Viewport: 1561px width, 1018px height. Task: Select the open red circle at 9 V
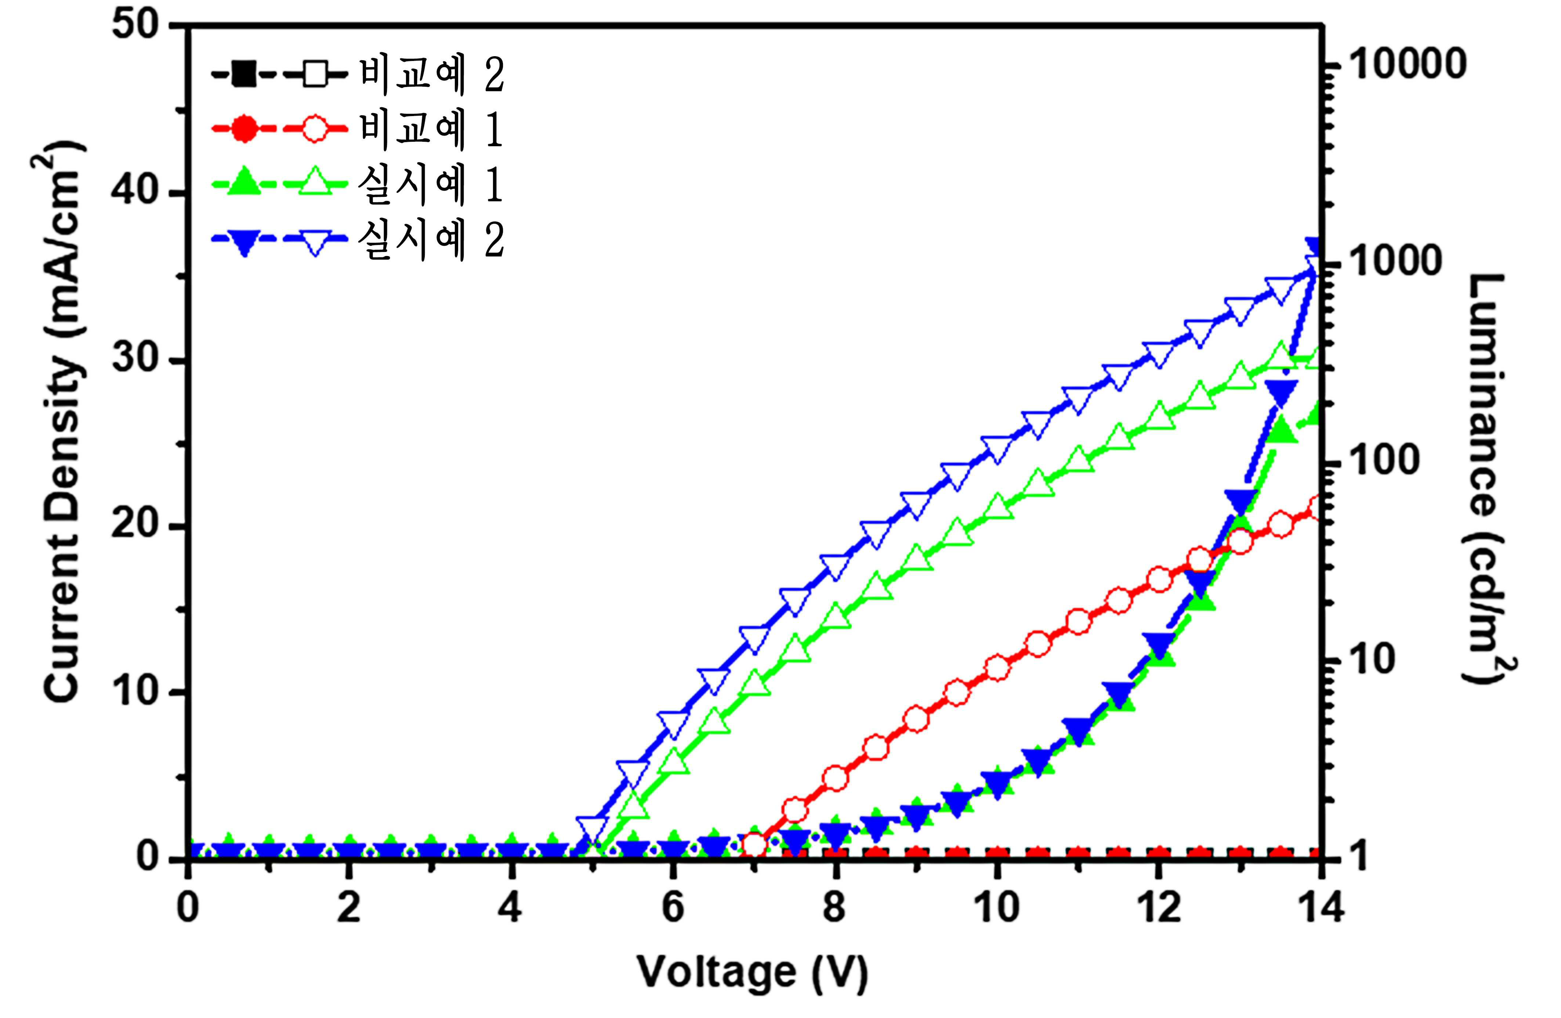click(916, 719)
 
